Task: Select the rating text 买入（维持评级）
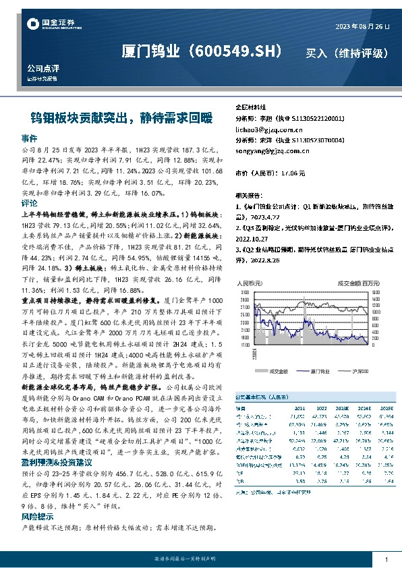click(x=347, y=53)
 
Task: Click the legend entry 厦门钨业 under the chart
click(x=314, y=372)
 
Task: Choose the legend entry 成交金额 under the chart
click(x=275, y=372)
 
